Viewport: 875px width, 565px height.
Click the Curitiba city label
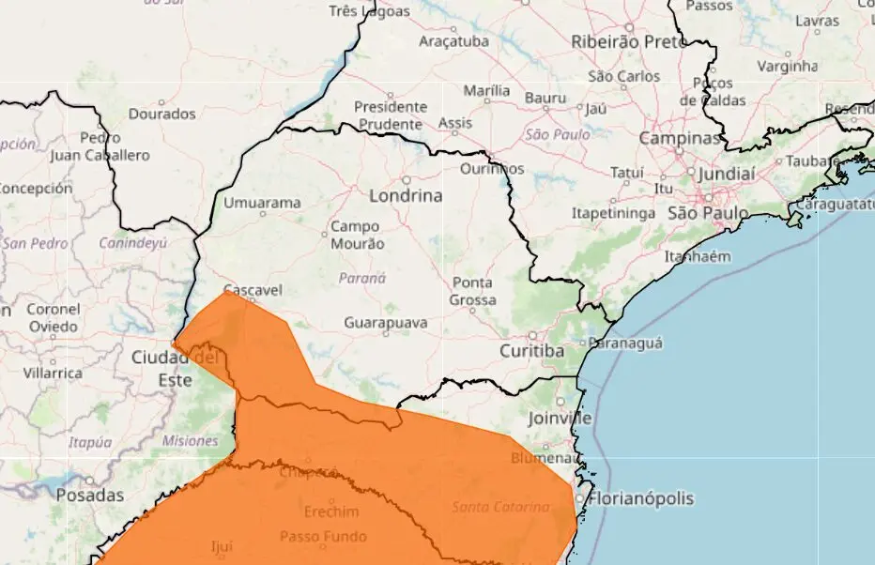[x=531, y=350]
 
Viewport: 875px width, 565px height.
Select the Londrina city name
[x=406, y=196]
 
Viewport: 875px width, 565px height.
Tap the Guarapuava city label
[x=386, y=323]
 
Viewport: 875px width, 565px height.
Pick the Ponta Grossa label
[x=473, y=291]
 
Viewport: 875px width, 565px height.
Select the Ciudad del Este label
[x=176, y=369]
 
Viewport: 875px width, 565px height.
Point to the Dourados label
[x=161, y=114]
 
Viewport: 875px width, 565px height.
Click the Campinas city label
[x=679, y=138]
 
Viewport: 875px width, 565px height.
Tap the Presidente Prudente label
[x=390, y=115]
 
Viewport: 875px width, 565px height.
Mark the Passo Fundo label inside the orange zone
[x=323, y=537]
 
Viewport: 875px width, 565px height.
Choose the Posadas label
[x=90, y=495]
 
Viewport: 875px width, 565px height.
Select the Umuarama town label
[x=263, y=203]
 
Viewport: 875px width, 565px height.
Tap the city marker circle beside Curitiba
[x=532, y=334]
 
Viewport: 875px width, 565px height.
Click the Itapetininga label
[x=612, y=213]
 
